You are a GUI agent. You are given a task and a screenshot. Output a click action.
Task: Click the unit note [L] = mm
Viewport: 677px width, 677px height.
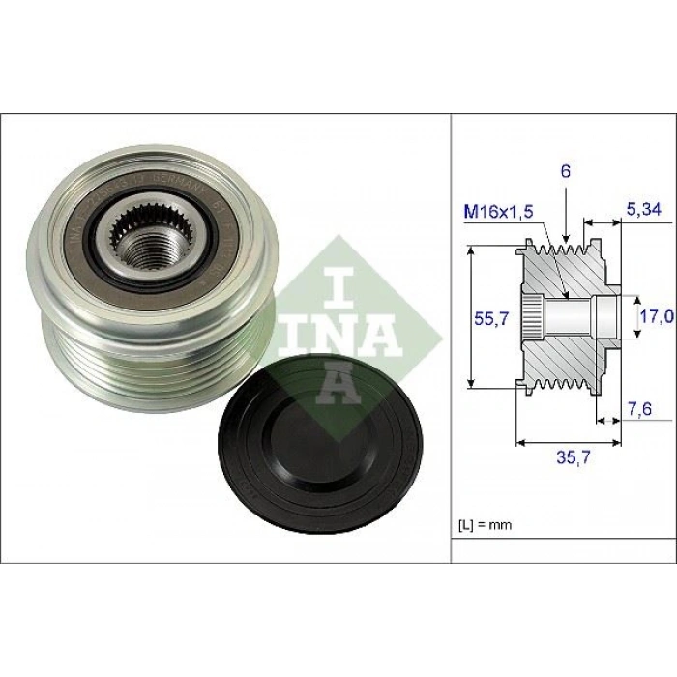(x=484, y=525)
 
